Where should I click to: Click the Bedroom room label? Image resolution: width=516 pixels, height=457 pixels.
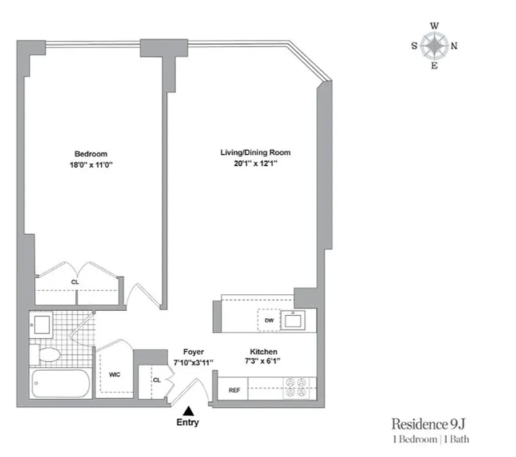(90, 154)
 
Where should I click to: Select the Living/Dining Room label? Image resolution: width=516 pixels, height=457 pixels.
(255, 153)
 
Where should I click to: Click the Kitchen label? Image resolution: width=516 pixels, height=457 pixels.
(263, 352)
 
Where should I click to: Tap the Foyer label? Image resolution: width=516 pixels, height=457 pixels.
(193, 352)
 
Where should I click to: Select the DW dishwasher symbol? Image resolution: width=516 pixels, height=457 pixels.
(269, 320)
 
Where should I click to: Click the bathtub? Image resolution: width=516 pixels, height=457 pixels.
(59, 384)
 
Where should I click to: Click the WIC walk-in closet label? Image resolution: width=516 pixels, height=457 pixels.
(114, 375)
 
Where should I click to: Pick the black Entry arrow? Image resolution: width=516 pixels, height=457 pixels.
(188, 410)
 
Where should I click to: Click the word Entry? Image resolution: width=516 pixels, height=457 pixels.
(188, 423)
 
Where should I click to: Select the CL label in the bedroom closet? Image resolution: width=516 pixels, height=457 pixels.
(75, 282)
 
